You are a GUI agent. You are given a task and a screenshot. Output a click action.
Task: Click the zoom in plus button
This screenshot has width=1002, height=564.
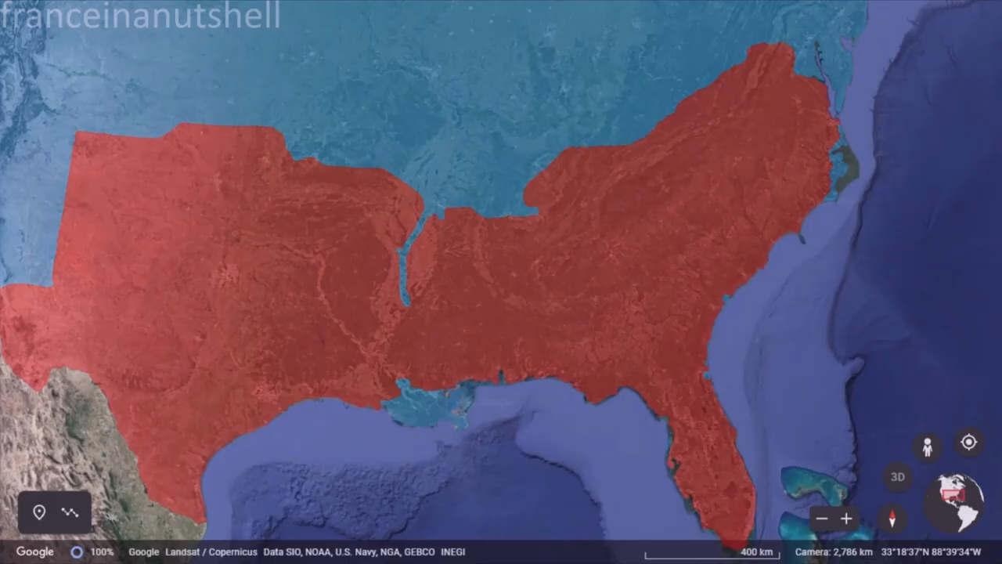(846, 519)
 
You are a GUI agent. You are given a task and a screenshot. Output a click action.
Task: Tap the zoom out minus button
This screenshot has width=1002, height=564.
(821, 519)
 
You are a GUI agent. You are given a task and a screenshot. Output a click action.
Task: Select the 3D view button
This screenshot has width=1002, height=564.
(897, 476)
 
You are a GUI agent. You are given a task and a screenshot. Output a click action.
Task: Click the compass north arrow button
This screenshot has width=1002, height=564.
(892, 519)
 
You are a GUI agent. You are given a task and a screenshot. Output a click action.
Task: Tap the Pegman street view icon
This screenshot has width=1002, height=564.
(927, 447)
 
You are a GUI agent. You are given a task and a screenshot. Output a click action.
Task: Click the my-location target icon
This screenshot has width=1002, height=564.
(968, 443)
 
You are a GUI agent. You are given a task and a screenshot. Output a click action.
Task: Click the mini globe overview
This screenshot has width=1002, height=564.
(955, 502)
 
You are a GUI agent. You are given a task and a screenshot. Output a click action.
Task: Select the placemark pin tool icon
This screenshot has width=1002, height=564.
(39, 512)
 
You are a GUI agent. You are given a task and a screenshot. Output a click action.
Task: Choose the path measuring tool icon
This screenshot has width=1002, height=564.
(70, 512)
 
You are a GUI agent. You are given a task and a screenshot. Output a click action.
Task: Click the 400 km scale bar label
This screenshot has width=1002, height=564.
(756, 552)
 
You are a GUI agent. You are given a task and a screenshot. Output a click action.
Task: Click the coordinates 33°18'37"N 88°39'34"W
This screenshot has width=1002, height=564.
(931, 552)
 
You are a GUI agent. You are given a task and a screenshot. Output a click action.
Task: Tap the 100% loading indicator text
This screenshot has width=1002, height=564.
(102, 552)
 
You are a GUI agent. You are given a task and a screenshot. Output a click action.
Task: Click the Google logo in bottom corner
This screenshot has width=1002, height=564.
(34, 551)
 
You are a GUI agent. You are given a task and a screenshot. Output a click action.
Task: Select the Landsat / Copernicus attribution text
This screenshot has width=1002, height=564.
(211, 552)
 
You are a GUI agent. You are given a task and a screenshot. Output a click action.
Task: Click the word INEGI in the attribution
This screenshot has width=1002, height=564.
(452, 552)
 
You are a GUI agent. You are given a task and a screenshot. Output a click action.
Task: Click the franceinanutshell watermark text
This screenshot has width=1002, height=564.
(141, 16)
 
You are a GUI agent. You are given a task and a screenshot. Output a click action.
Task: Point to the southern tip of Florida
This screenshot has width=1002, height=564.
(736, 543)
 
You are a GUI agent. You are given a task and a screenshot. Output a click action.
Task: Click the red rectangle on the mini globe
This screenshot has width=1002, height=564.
(953, 495)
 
